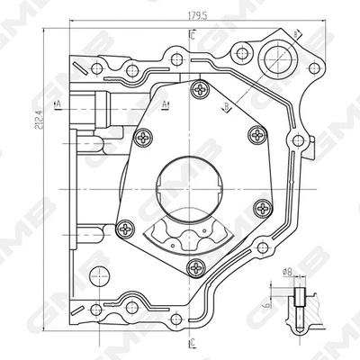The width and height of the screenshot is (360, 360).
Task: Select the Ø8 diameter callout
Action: point(287,269)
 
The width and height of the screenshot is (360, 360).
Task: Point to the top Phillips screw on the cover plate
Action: point(200,89)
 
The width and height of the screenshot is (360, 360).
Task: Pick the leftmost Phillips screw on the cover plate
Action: point(142,138)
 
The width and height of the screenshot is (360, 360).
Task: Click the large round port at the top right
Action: point(275,60)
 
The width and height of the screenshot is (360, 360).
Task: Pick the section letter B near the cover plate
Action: point(227,107)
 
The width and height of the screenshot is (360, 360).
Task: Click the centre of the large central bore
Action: point(193,188)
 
